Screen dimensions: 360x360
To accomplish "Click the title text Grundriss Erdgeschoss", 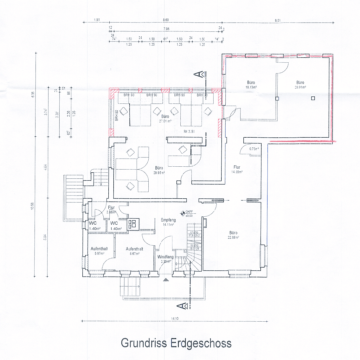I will pyautogui.click(x=176, y=343).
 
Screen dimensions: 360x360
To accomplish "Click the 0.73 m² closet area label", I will pyautogui.click(x=254, y=149).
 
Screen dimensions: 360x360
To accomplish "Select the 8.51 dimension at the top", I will pyautogui.click(x=278, y=21).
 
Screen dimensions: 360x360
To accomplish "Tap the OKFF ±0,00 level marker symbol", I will pyautogui.click(x=183, y=212).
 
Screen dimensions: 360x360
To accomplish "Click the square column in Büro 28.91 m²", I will pyautogui.click(x=312, y=98).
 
